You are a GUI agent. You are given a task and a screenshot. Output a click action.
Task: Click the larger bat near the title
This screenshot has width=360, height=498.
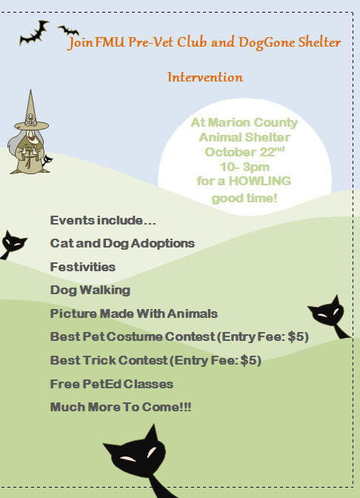tap(33, 33)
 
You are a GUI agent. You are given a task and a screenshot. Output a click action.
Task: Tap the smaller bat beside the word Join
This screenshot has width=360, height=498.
tap(68, 30)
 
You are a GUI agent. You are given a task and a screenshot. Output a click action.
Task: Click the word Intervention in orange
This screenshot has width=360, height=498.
tap(205, 77)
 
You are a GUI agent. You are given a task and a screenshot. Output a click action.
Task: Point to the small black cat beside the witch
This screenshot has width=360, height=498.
tap(47, 160)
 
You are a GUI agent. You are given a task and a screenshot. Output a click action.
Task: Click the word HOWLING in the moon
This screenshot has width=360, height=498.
tap(260, 181)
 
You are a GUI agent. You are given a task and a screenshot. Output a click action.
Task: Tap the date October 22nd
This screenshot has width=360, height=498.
tap(244, 151)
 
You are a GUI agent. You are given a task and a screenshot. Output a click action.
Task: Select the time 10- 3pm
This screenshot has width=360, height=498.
tap(244, 167)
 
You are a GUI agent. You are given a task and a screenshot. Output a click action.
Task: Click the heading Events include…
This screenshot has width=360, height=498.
tap(103, 220)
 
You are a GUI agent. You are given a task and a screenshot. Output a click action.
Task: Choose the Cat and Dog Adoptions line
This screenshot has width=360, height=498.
tap(122, 243)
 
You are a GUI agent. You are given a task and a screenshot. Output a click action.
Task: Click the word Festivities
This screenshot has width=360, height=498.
tap(82, 267)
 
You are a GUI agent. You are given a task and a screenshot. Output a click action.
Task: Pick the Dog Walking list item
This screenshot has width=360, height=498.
tap(90, 290)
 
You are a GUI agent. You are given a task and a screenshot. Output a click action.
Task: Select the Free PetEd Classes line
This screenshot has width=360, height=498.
tap(111, 384)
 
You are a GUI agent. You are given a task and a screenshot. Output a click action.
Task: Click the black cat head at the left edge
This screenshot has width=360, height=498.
tap(13, 243)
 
